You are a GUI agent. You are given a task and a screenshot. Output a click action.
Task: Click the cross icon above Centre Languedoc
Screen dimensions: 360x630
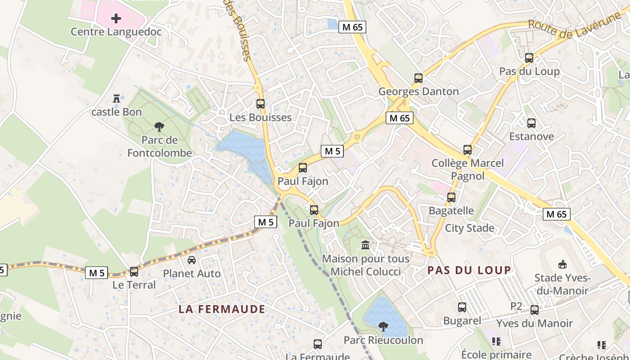(x=116, y=18)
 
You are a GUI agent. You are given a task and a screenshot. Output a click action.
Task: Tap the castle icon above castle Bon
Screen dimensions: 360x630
(x=117, y=98)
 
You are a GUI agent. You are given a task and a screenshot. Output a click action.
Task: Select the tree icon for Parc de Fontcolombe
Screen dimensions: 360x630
(x=159, y=127)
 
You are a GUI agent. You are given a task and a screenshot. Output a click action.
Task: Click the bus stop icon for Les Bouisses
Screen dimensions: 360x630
(x=261, y=104)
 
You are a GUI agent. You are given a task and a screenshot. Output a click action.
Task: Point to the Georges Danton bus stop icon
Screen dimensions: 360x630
(x=418, y=78)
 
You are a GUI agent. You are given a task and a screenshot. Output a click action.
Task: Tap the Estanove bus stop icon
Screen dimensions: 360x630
(x=531, y=123)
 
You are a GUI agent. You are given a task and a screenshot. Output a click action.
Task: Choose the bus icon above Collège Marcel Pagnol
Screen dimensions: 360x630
(x=468, y=150)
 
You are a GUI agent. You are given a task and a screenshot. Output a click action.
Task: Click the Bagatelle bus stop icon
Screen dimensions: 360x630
(x=451, y=198)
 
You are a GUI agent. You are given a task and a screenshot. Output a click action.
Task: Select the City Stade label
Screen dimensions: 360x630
(x=469, y=228)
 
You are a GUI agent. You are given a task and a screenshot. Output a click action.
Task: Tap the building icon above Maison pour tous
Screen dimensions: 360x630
(x=365, y=246)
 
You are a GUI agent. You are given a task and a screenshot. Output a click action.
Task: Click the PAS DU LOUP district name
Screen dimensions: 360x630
(x=469, y=270)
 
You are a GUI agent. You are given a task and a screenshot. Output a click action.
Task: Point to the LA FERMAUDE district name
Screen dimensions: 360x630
(x=222, y=309)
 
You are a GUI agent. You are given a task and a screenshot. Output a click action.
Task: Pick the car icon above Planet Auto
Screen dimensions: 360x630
(x=192, y=260)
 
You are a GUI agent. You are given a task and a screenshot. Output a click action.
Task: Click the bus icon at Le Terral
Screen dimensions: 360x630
(x=134, y=272)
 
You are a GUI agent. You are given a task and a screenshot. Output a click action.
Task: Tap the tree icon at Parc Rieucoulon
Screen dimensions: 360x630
(x=383, y=327)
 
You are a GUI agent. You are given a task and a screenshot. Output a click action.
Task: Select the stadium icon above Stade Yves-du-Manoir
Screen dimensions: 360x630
(x=562, y=264)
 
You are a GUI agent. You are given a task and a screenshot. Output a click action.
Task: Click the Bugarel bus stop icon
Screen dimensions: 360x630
(x=462, y=307)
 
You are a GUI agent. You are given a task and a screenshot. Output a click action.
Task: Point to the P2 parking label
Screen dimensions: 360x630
(x=516, y=306)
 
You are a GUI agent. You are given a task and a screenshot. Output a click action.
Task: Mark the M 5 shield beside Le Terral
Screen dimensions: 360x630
(x=97, y=273)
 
